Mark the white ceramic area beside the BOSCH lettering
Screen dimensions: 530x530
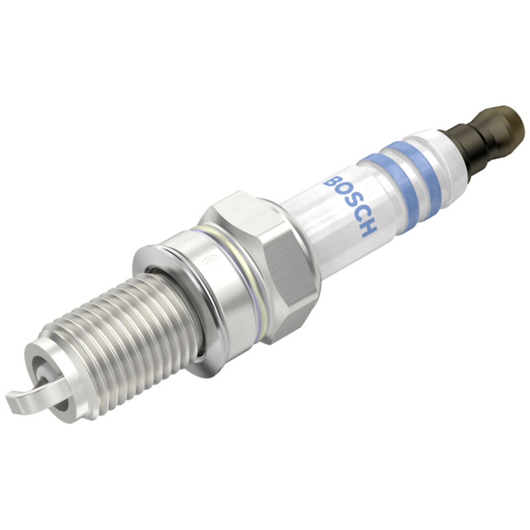[x=318, y=219]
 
